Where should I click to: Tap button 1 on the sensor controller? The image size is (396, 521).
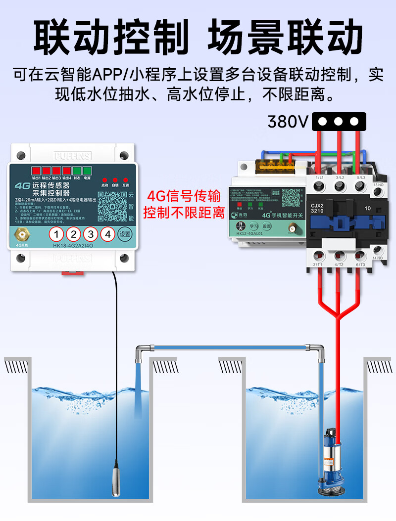click(x=58, y=234)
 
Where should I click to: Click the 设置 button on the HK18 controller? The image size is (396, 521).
click(x=125, y=234)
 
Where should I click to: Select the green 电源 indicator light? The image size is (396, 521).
click(x=88, y=171)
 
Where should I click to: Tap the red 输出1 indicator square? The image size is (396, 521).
click(x=36, y=171)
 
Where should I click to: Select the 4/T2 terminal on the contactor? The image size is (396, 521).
click(x=340, y=256)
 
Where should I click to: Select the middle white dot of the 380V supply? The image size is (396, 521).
click(x=339, y=121)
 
